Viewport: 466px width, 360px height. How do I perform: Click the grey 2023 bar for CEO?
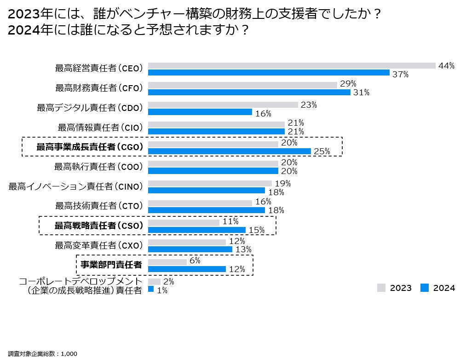tap(292, 65)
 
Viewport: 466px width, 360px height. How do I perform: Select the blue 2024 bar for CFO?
tap(249, 92)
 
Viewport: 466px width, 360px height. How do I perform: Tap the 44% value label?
tap(446, 65)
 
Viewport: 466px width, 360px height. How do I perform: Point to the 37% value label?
tap(400, 74)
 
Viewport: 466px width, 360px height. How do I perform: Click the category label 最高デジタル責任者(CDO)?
tap(90, 108)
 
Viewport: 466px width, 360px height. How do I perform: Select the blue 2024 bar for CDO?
tap(200, 112)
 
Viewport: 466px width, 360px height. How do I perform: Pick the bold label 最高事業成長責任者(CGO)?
tap(90, 147)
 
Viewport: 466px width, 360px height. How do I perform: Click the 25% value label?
tap(322, 151)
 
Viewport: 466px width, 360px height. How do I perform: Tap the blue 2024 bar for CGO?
tap(229, 151)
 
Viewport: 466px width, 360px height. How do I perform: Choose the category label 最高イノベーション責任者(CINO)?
tap(76, 186)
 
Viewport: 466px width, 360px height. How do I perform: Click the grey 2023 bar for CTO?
tap(200, 203)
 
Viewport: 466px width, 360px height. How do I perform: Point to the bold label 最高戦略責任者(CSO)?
tap(99, 226)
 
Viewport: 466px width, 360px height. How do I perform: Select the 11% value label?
tap(230, 221)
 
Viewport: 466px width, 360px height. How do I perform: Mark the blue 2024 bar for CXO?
tap(190, 249)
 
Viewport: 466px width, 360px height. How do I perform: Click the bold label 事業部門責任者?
tap(111, 264)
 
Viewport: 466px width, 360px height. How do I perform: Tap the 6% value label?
tap(195, 261)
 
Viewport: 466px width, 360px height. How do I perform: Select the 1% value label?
tap(162, 290)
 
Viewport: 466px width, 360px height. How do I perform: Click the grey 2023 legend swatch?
tap(381, 288)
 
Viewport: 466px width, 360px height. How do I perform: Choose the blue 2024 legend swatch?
tap(424, 288)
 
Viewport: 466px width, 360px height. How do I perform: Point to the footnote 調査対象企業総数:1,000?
tap(43, 354)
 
